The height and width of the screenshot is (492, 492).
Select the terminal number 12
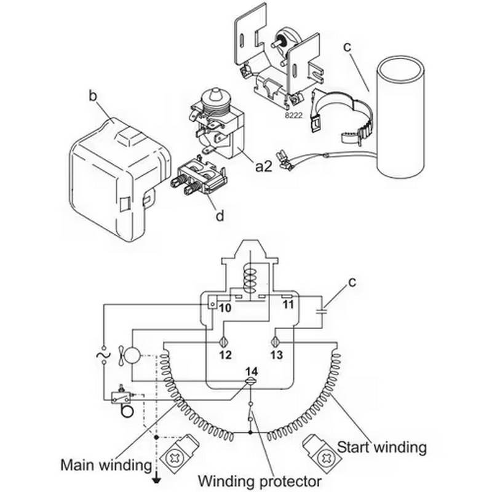tap(225, 355)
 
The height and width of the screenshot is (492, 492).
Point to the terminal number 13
tap(277, 355)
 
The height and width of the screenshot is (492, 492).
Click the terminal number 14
tap(251, 371)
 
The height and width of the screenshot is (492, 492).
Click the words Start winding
tap(382, 446)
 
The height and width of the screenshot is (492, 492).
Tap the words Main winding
tap(106, 464)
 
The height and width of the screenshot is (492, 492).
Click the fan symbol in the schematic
tap(132, 355)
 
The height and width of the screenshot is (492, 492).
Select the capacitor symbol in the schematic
tap(320, 306)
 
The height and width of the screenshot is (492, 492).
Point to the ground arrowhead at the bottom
tap(157, 480)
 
